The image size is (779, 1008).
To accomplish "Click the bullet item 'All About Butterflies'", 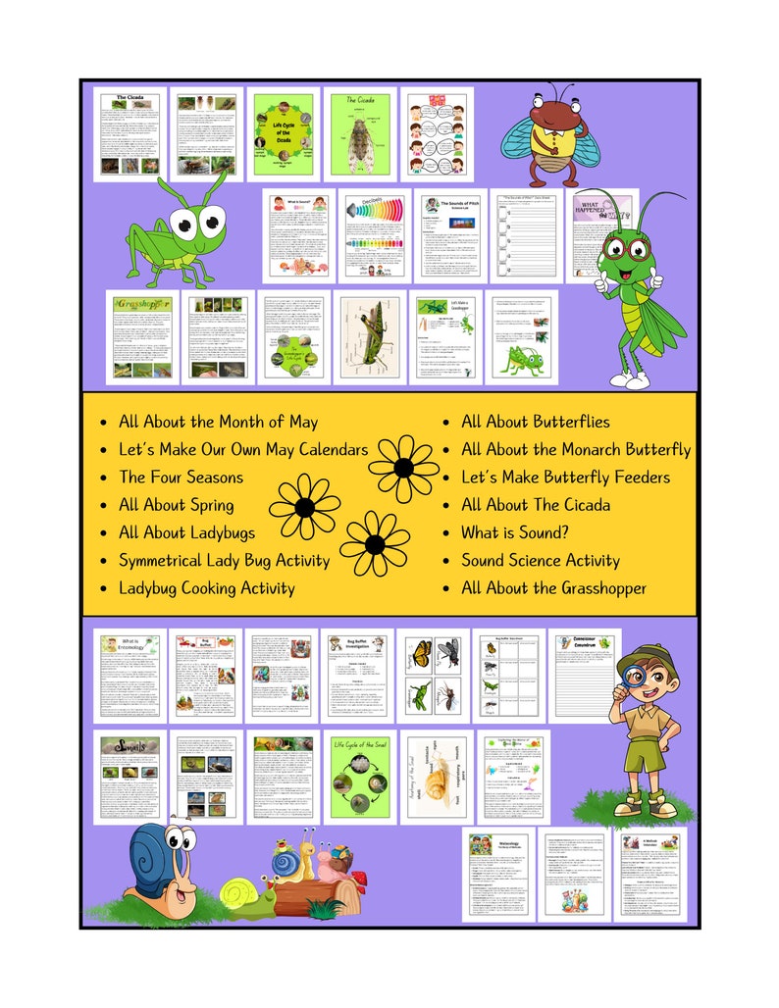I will coord(535,422).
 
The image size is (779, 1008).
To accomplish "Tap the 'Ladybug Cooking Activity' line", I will coord(206,588).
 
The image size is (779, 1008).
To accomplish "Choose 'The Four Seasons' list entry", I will coord(181,478).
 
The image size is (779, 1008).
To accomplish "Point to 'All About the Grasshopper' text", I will coord(553,588).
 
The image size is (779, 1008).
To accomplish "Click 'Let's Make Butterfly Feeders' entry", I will coord(565,478).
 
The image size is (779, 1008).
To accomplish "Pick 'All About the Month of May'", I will coord(218,422).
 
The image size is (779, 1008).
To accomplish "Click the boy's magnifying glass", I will coord(630,679).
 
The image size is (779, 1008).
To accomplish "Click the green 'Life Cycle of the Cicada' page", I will coord(282,134).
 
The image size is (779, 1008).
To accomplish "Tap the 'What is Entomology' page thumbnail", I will coord(130,674).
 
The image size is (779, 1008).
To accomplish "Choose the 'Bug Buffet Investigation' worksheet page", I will coord(357,674).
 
